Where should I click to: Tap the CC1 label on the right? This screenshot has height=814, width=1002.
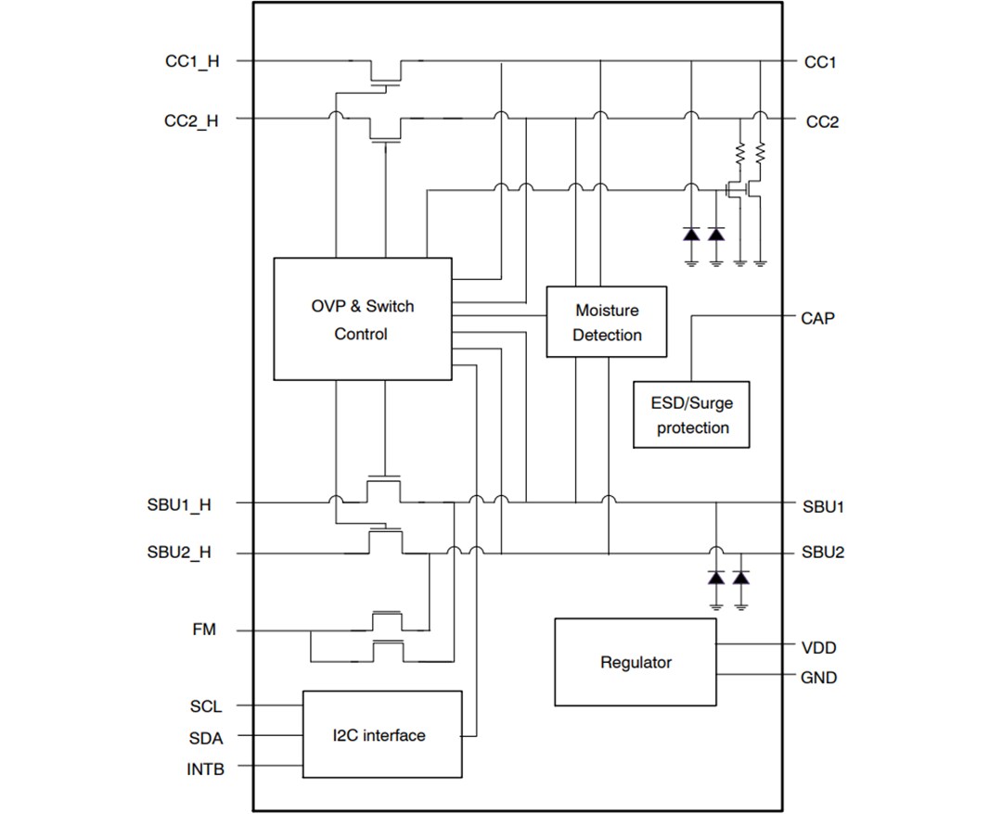click(820, 62)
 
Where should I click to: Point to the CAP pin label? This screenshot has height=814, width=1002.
click(817, 318)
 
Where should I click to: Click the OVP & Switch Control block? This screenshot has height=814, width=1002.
click(362, 319)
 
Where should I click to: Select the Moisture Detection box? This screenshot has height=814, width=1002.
click(607, 322)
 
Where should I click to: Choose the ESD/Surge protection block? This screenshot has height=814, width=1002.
click(692, 414)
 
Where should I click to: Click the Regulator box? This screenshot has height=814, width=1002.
click(636, 662)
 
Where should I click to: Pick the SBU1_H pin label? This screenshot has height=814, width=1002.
click(179, 505)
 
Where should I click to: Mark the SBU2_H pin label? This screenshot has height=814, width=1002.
click(179, 553)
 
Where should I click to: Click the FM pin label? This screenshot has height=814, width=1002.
click(204, 630)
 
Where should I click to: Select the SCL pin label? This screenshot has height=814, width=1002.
click(206, 706)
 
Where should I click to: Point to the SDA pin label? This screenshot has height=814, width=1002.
click(205, 737)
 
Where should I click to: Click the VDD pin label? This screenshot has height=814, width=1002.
click(818, 647)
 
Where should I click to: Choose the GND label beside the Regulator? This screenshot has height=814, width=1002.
click(818, 678)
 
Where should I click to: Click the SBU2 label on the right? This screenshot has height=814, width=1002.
click(823, 553)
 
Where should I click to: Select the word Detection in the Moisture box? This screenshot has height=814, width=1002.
click(607, 335)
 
